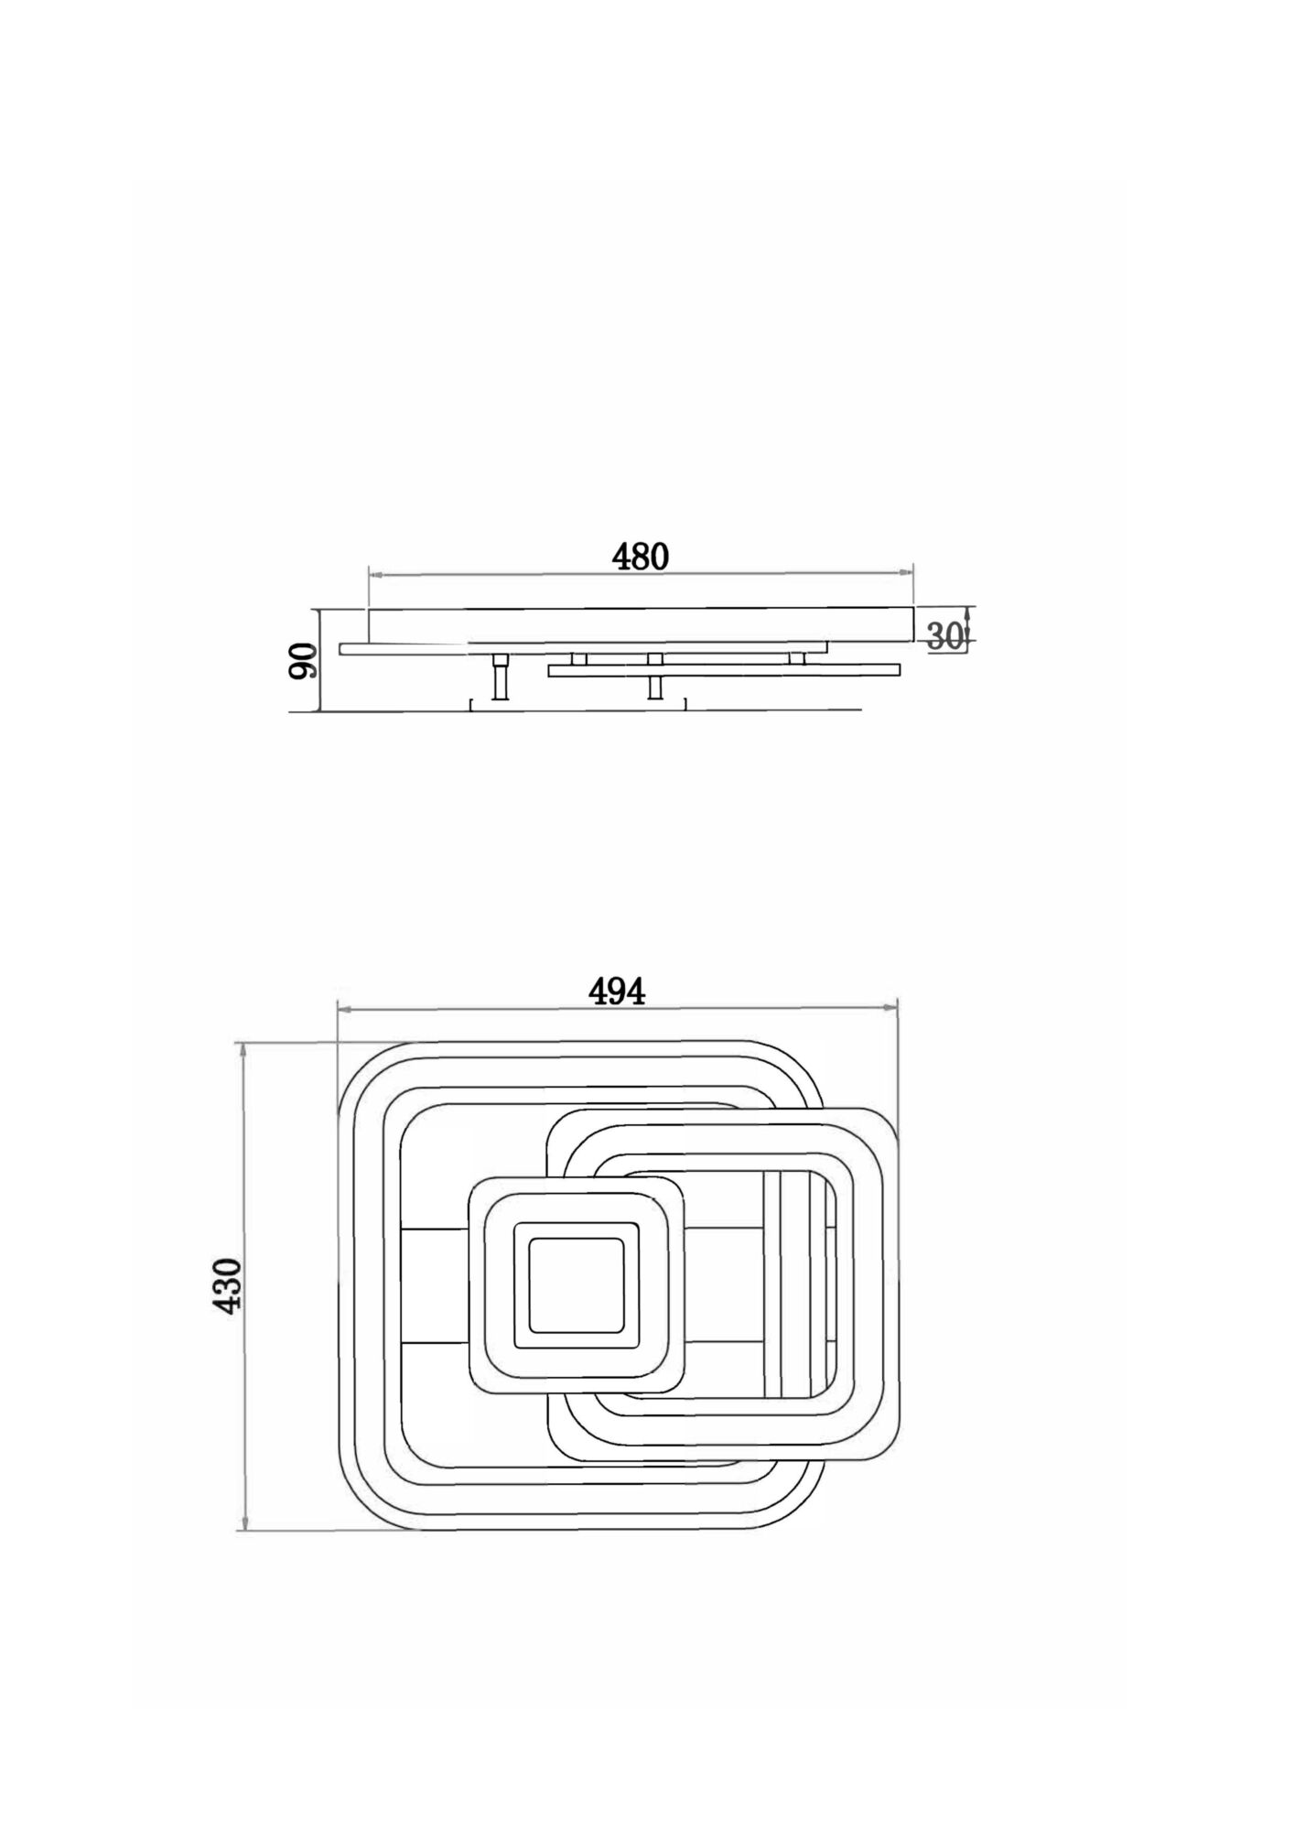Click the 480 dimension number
(641, 557)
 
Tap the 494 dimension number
(616, 991)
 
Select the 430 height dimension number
(228, 1285)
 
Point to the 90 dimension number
(304, 660)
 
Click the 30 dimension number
(945, 636)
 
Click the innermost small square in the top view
(575, 1284)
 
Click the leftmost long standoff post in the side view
(501, 677)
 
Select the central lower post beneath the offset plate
(654, 688)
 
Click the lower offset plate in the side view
(723, 671)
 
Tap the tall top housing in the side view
(641, 624)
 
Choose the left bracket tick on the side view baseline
(471, 703)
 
